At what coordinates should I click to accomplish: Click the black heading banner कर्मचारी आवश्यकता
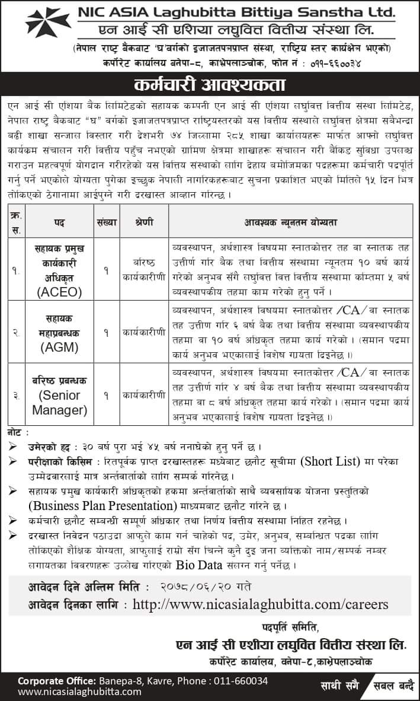click(210, 84)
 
